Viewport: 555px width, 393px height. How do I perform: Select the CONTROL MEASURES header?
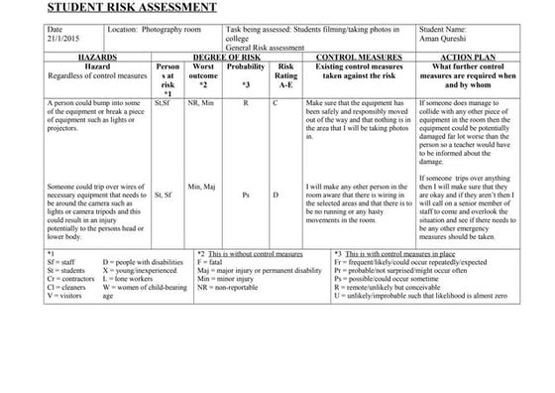click(357, 59)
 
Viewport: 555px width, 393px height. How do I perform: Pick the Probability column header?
click(245, 67)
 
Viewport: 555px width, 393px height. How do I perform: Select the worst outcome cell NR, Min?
click(200, 102)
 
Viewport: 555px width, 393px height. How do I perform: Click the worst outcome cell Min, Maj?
click(201, 186)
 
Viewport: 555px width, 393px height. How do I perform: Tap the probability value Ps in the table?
click(245, 196)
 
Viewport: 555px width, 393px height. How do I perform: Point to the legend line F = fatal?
click(216, 262)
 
